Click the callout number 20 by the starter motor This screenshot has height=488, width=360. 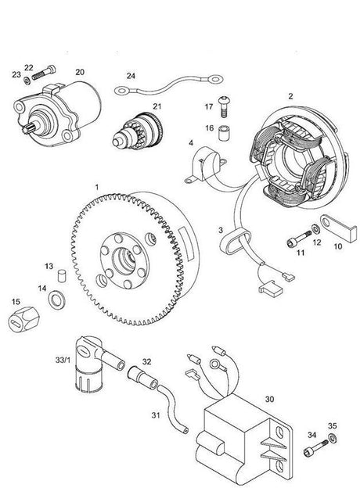point(80,72)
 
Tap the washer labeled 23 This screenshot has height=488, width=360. point(27,81)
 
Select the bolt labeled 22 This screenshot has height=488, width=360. point(44,72)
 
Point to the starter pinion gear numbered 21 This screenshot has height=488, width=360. point(138,131)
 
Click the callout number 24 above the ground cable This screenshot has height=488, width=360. point(131,76)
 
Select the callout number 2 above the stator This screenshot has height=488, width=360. point(290,96)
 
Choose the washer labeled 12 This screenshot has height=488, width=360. point(315,229)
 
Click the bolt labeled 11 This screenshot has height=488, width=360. point(299,239)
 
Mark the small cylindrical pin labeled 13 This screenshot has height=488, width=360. point(63,276)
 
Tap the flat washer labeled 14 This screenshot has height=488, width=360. point(57,300)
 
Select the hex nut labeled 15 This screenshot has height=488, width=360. point(24,319)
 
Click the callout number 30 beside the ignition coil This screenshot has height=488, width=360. point(269,399)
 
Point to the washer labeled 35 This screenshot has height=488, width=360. point(332,438)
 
